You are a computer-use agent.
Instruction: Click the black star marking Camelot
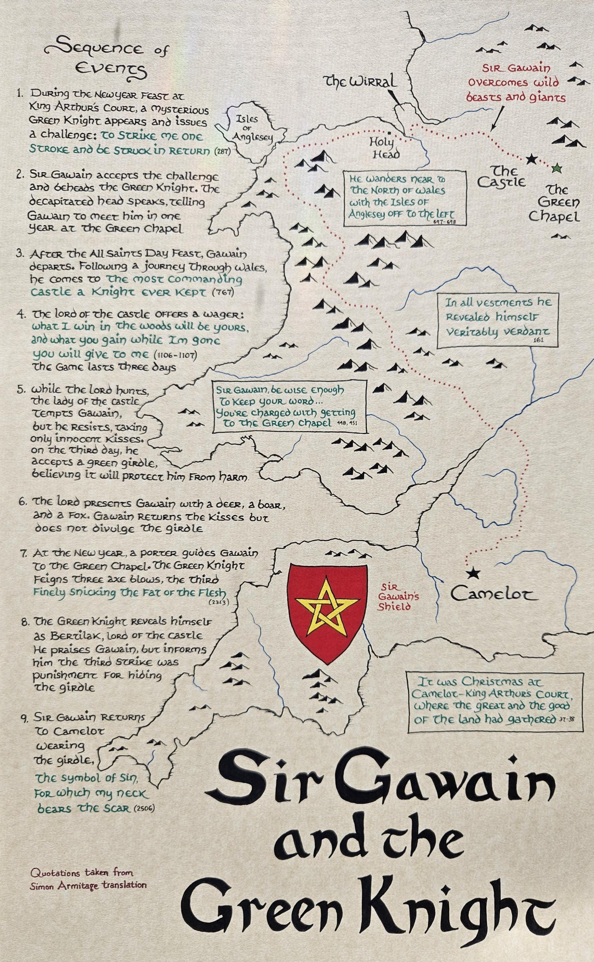473,573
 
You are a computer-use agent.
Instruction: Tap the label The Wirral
359,81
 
